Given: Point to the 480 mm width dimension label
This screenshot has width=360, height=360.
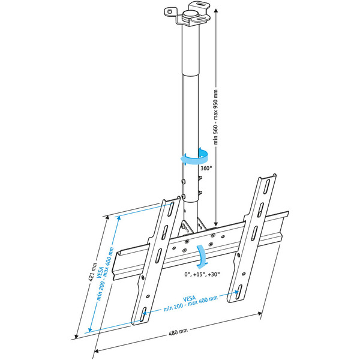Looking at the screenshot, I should click(178, 331).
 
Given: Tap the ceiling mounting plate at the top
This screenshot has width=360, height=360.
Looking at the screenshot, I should click(189, 15).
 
